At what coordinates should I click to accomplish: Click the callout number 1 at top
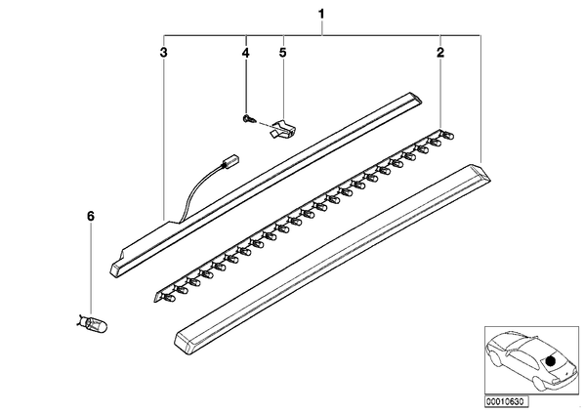point(321,15)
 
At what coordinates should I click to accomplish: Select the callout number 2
point(440,53)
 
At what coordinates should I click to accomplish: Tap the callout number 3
point(163,53)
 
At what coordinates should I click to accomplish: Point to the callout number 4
point(245,53)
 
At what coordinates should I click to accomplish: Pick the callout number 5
point(283,53)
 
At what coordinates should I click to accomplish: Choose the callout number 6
point(91,216)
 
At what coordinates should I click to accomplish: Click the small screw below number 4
point(247,119)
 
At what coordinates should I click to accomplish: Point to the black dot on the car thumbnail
point(550,361)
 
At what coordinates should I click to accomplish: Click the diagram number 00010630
point(506,401)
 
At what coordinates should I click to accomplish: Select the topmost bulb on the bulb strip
point(447,135)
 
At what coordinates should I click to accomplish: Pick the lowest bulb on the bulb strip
point(170,297)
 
